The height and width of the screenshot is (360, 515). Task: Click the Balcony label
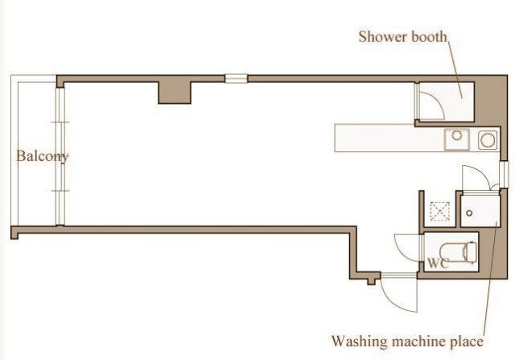43,155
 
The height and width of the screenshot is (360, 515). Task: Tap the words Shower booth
402,36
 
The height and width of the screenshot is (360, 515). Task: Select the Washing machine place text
407,341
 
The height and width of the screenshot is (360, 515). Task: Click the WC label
438,263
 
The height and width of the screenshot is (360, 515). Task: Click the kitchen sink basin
457,139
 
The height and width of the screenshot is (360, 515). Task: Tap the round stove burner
488,140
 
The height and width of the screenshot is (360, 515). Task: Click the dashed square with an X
440,211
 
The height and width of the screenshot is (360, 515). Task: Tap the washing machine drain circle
469,213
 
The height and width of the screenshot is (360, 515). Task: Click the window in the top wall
236,79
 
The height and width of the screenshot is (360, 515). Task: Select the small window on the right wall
504,174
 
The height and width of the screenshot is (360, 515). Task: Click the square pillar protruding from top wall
175,93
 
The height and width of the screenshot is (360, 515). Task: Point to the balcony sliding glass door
60,156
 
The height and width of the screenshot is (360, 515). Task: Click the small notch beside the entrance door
372,281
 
